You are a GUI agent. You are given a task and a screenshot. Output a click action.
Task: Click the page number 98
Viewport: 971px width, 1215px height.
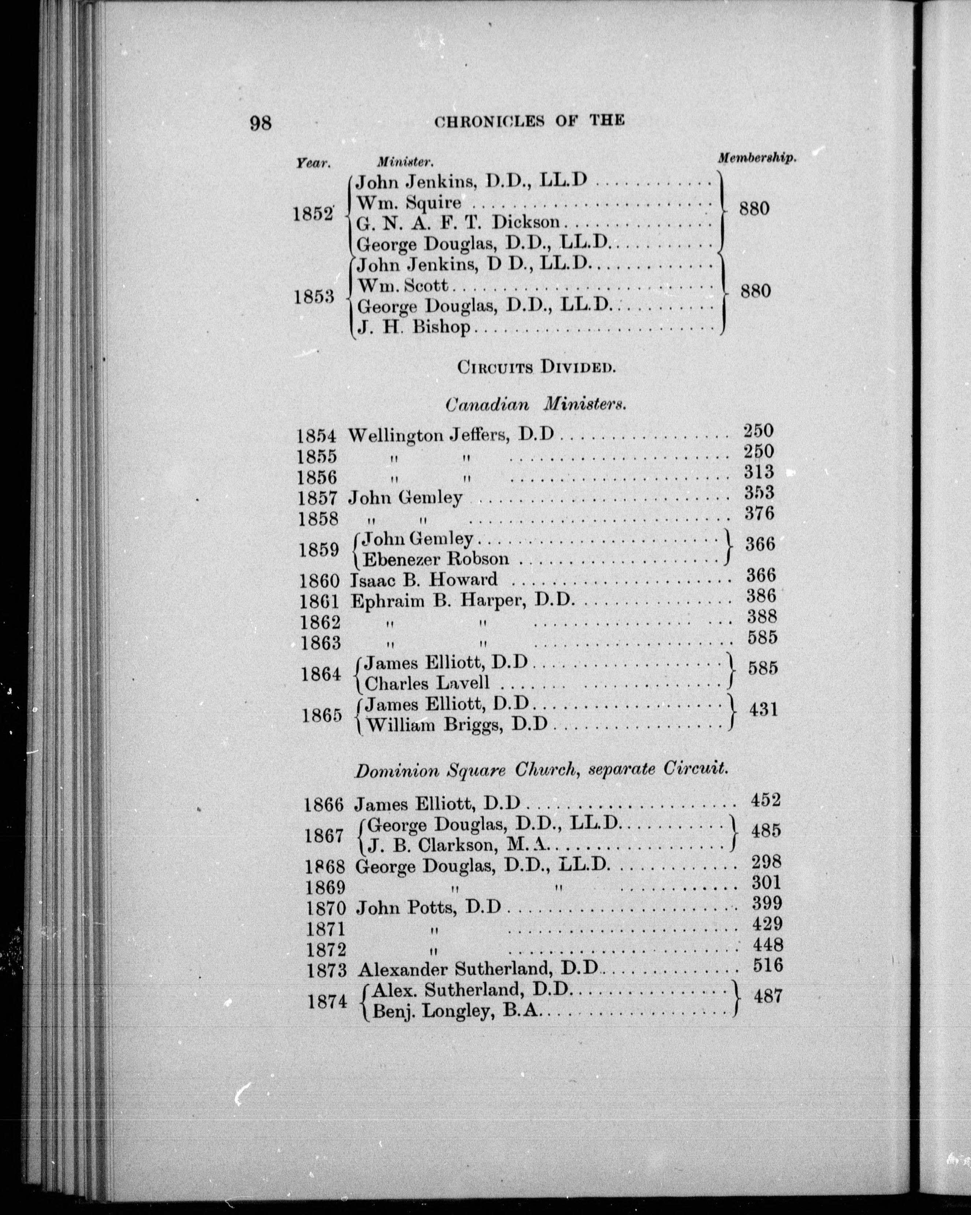tap(261, 122)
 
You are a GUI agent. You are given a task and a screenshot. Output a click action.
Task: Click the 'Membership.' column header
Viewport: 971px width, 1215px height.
tap(757, 158)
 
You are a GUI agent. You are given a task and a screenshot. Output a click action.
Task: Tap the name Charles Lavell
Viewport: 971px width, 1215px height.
tap(427, 684)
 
